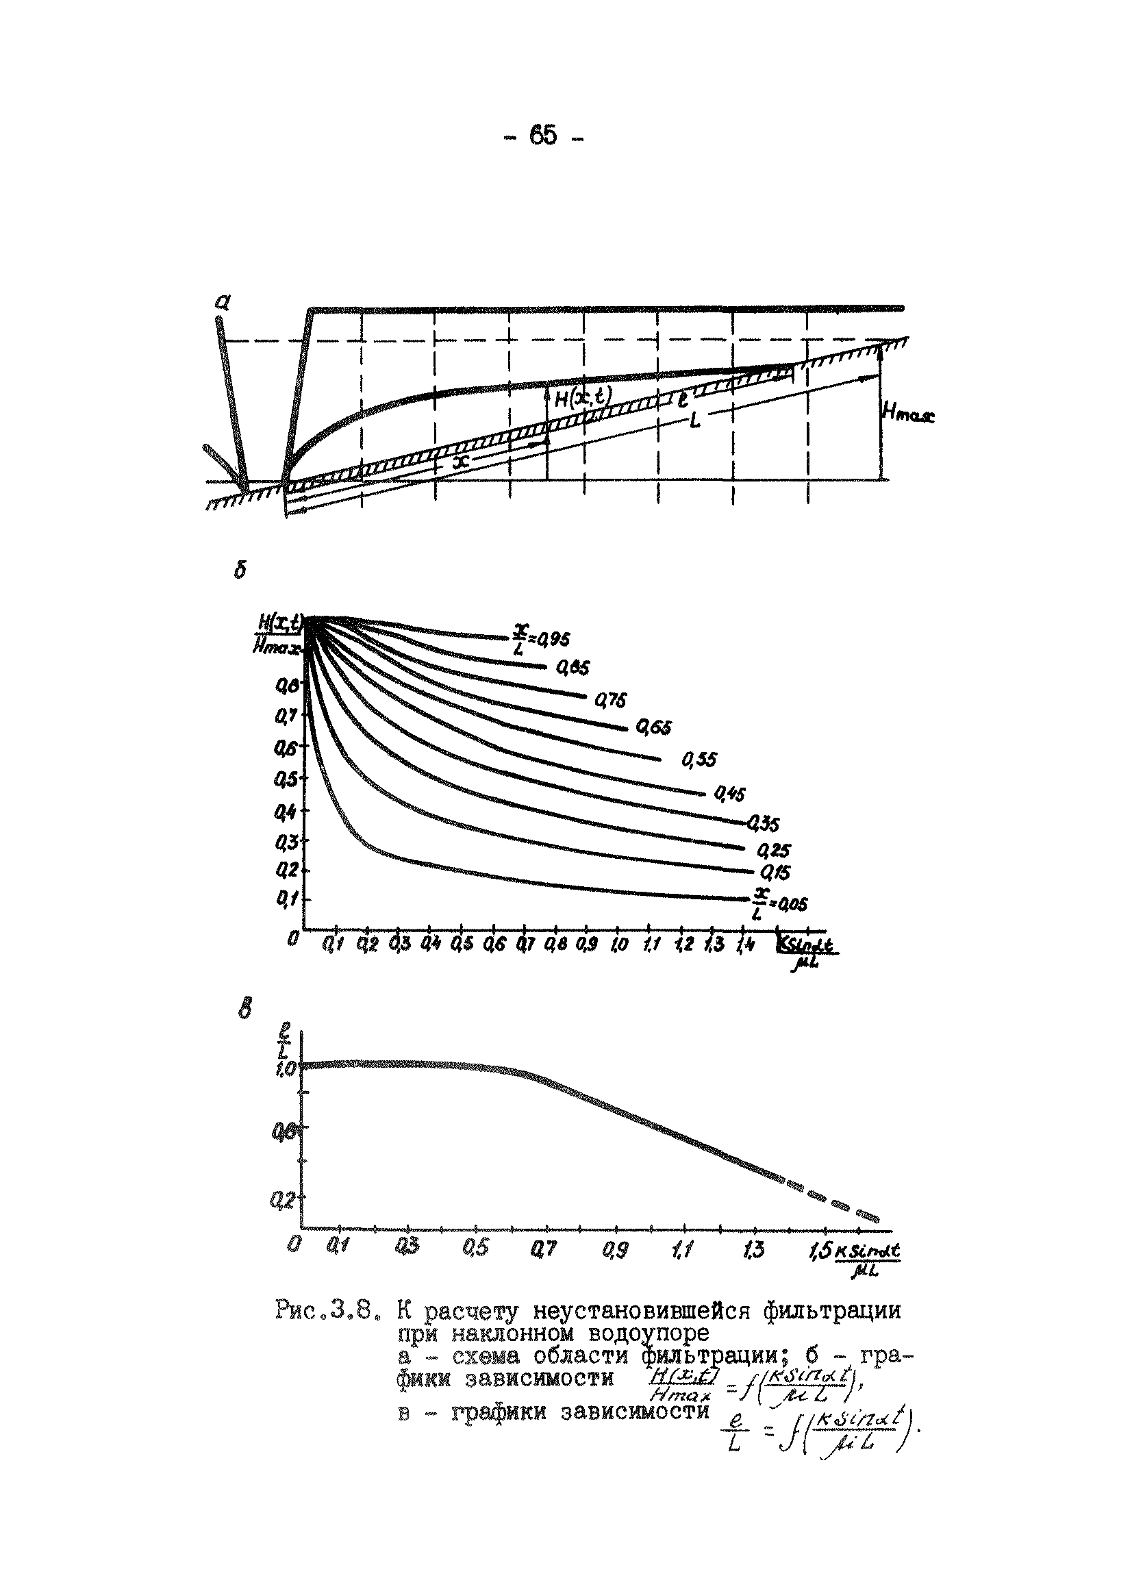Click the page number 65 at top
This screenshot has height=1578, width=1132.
click(x=542, y=135)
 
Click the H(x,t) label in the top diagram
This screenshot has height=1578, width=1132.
click(x=582, y=397)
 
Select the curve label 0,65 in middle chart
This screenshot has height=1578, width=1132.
click(x=653, y=728)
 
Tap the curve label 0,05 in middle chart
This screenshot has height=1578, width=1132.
click(x=791, y=903)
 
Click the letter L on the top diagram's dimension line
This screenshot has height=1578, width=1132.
click(x=694, y=421)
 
